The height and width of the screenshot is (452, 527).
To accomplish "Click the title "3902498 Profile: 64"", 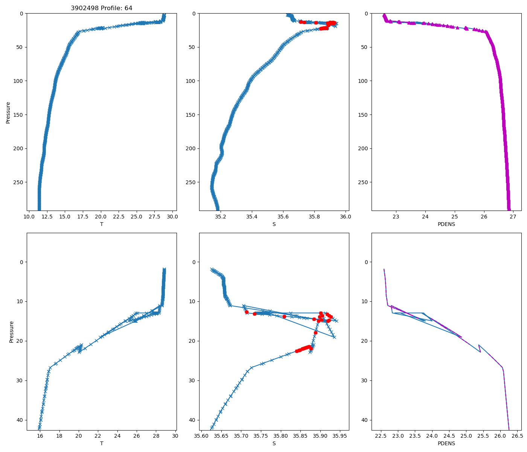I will coord(102,8).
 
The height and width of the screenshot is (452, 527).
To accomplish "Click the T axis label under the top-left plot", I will coord(102,224).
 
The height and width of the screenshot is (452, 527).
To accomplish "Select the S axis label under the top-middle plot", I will coord(274,224).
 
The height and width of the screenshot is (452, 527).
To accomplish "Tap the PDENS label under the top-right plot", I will coord(446,224).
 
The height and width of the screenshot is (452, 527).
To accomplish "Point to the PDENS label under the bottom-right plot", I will coord(446,443).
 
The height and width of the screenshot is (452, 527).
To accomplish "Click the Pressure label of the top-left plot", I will coord(8,112).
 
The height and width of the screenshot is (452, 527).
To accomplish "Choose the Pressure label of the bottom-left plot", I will coord(11,331).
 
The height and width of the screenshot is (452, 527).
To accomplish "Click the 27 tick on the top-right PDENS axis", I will coord(513,217).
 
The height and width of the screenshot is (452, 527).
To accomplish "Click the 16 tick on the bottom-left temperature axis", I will coord(40,436).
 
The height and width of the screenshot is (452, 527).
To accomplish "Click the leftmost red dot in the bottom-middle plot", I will coord(247,312).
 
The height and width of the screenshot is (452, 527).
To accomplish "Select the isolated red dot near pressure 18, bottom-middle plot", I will coord(315,333).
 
